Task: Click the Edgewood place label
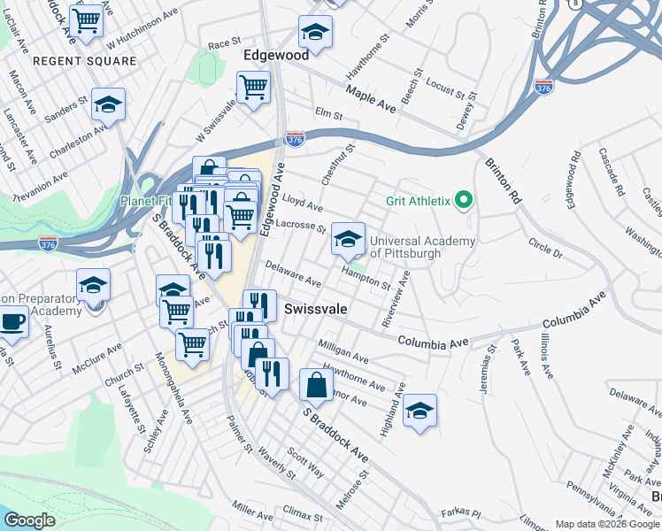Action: (x=276, y=54)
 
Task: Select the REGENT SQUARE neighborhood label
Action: (x=85, y=61)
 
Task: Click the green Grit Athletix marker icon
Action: (x=462, y=201)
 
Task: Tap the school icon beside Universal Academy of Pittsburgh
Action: (x=349, y=238)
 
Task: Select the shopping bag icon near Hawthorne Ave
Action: (x=317, y=384)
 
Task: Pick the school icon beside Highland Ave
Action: (x=420, y=411)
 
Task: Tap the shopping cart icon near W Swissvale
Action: (x=253, y=88)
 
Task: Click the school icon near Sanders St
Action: (x=108, y=105)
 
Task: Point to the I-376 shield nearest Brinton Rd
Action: (x=543, y=87)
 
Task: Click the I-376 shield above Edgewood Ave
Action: (x=296, y=140)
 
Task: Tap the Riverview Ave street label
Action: (x=394, y=296)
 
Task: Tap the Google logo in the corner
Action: (x=29, y=520)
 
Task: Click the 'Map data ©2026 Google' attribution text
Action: (x=606, y=524)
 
